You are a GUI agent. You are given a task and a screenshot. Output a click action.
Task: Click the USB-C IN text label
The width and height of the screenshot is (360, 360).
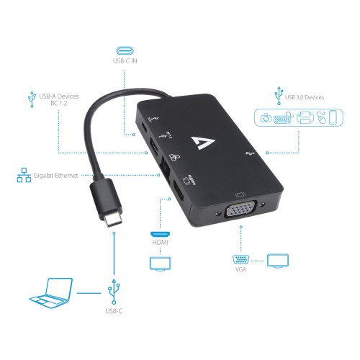point(125,61)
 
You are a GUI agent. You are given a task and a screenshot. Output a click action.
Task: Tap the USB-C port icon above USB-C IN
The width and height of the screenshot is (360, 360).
point(125,50)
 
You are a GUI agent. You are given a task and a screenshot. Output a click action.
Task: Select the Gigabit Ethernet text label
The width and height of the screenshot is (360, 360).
point(55,176)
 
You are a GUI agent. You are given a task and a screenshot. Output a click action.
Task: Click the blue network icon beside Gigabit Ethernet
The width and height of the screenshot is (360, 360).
point(24,175)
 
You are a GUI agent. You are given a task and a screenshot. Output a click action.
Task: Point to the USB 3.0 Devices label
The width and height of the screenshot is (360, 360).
point(305,97)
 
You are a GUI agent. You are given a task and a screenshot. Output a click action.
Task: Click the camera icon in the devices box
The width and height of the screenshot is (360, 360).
point(266,118)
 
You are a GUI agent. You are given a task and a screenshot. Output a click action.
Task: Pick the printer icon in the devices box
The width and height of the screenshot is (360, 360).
point(305,117)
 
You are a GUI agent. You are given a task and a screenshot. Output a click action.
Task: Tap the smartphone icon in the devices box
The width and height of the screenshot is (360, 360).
point(333,117)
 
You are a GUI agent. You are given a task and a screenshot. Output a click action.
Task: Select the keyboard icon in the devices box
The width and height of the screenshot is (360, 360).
point(283,118)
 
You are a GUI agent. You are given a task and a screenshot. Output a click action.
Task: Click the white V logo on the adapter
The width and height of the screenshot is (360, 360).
point(203,143)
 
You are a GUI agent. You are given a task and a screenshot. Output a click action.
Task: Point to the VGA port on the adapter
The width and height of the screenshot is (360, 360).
point(241,209)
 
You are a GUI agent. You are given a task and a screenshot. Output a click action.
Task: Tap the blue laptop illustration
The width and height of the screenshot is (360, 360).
point(51,293)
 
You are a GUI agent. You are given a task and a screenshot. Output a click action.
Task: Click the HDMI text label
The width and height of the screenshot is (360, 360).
point(161,243)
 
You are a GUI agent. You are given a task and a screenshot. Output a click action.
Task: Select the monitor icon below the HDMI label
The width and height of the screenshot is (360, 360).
point(161,264)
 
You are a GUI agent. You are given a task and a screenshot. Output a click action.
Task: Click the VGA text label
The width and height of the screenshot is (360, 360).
point(240,269)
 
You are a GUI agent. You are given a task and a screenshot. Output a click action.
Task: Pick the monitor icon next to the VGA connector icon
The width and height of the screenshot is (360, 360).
point(278,261)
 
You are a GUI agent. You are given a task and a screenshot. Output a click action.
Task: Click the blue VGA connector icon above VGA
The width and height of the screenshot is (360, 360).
point(240,260)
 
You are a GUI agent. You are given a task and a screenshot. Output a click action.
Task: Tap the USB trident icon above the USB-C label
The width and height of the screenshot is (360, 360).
point(114,292)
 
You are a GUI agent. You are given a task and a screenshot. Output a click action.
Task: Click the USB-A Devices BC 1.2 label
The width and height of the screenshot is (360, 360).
point(59,99)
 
